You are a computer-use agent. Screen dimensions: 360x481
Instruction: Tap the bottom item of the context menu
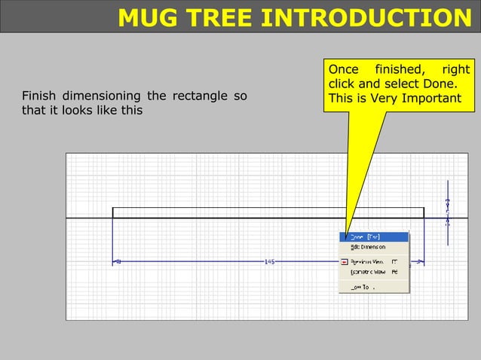click(x=362, y=286)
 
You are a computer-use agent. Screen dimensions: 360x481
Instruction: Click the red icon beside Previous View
click(x=345, y=261)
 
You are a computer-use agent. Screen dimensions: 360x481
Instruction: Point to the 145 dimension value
click(x=269, y=262)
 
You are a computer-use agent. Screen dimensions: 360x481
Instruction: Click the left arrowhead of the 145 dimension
click(x=117, y=262)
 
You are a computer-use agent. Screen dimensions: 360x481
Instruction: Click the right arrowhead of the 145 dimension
click(x=421, y=262)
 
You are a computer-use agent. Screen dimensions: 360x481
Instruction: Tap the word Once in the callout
click(x=343, y=70)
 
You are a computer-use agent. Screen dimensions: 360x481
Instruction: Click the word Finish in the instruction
click(x=38, y=96)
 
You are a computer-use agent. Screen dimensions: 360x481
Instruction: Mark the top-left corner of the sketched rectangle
click(x=113, y=208)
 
